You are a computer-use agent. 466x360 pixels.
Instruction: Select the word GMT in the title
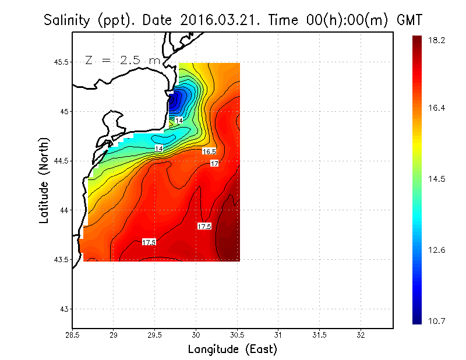(409, 20)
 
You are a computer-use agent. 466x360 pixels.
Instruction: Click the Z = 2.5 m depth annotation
(121, 60)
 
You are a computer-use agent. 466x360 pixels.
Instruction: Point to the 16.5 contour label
(210, 151)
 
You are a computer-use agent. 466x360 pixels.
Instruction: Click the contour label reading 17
(214, 164)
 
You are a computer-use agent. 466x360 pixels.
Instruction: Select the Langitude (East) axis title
(232, 350)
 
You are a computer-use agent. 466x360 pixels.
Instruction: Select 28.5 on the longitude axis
(73, 335)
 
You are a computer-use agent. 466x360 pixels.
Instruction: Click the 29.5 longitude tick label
(155, 335)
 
